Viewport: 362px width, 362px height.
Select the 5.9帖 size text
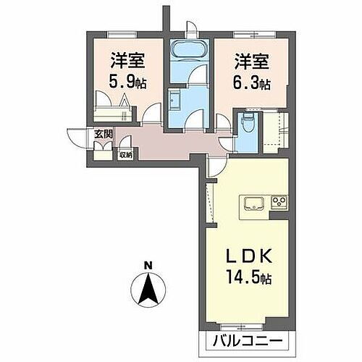click(126, 82)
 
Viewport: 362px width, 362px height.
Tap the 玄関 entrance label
click(103, 133)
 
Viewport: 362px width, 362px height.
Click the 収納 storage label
click(125, 153)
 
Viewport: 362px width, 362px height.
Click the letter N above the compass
click(148, 264)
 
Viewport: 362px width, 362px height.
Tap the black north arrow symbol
click(148, 290)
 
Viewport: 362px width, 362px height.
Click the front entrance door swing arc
click(77, 138)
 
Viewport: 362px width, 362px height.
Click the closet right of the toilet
click(274, 130)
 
